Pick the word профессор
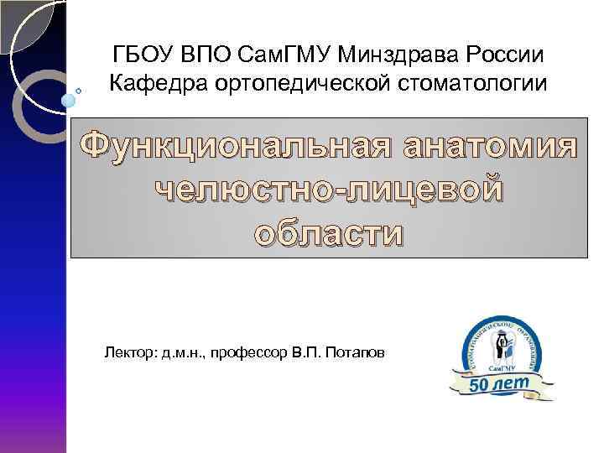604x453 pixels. (245, 354)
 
